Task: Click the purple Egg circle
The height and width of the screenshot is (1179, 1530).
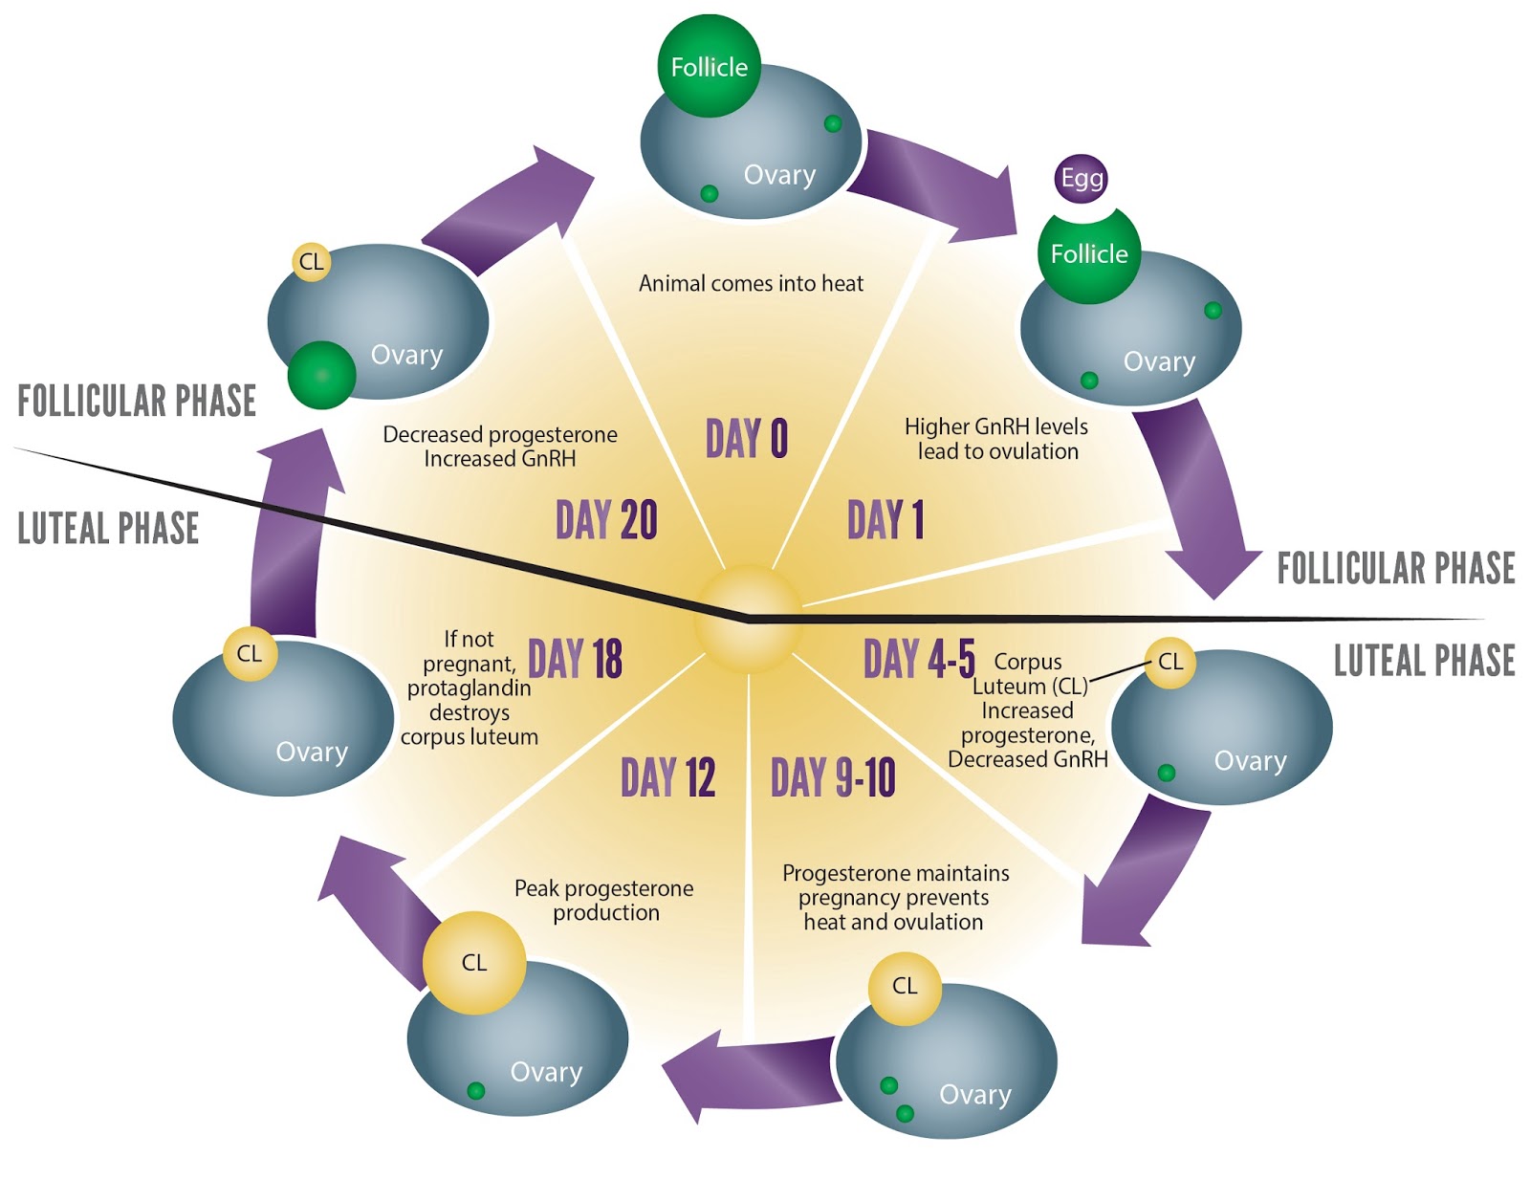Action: [1082, 178]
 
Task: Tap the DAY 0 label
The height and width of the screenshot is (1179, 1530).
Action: [747, 439]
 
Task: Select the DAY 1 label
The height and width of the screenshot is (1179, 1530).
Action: [885, 520]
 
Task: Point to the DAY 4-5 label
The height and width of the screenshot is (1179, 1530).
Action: [919, 659]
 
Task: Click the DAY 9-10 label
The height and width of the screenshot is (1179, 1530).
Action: [833, 777]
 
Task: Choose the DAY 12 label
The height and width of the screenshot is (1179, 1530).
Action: [667, 777]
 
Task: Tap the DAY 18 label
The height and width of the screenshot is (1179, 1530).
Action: [575, 659]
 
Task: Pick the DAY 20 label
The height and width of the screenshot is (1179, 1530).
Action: [606, 520]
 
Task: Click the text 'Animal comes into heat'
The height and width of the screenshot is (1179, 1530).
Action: [751, 283]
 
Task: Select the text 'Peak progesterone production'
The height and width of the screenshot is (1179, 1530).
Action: [604, 900]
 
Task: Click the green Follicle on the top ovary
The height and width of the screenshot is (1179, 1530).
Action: [709, 67]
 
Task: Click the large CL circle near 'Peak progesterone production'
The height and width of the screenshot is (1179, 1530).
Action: [474, 962]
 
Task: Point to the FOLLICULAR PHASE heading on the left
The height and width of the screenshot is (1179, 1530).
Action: [137, 402]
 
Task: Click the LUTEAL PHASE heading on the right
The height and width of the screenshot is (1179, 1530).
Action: [1424, 661]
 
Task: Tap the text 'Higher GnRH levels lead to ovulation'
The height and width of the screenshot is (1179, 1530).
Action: [996, 439]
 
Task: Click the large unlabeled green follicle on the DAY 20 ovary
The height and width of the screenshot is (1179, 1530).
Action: [321, 375]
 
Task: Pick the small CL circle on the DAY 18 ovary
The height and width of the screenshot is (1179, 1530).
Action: [250, 653]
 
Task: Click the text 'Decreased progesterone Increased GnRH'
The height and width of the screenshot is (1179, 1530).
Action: [500, 447]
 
